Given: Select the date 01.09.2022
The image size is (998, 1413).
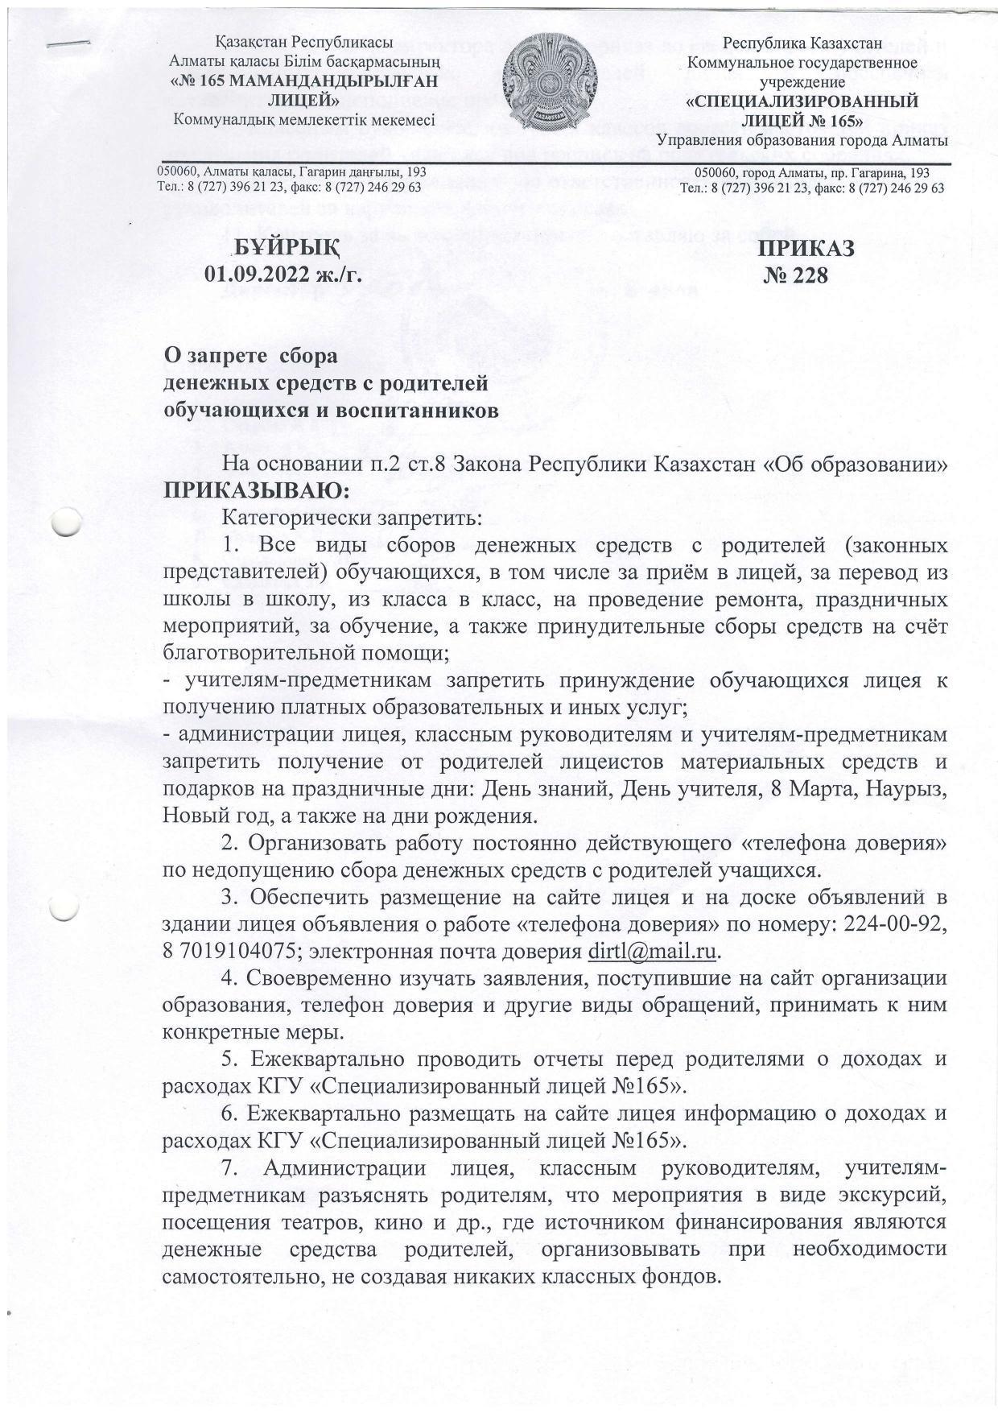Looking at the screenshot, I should pyautogui.click(x=257, y=275).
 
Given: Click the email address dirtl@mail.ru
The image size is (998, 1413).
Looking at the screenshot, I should pyautogui.click(x=653, y=951).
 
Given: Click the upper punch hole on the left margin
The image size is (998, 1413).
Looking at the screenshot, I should pyautogui.click(x=67, y=522).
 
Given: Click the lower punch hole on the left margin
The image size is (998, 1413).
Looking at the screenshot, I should pyautogui.click(x=65, y=907).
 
